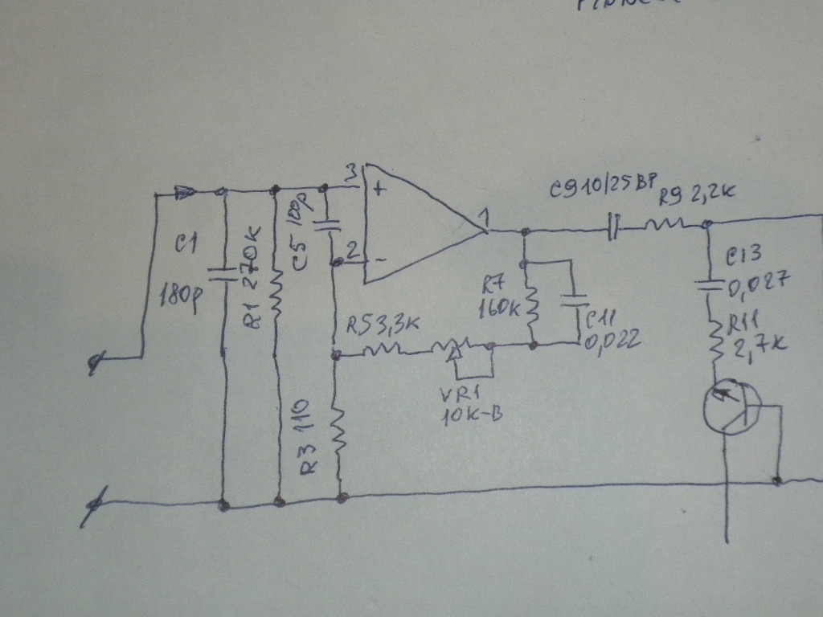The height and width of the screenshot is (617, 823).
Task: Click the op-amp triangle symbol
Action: click(418, 226)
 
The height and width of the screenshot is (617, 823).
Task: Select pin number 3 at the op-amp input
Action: click(350, 173)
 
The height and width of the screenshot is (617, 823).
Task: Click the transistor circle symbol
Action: click(730, 407)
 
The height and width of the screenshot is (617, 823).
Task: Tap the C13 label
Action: click(744, 256)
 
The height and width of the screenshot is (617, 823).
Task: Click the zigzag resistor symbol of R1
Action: click(276, 293)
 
